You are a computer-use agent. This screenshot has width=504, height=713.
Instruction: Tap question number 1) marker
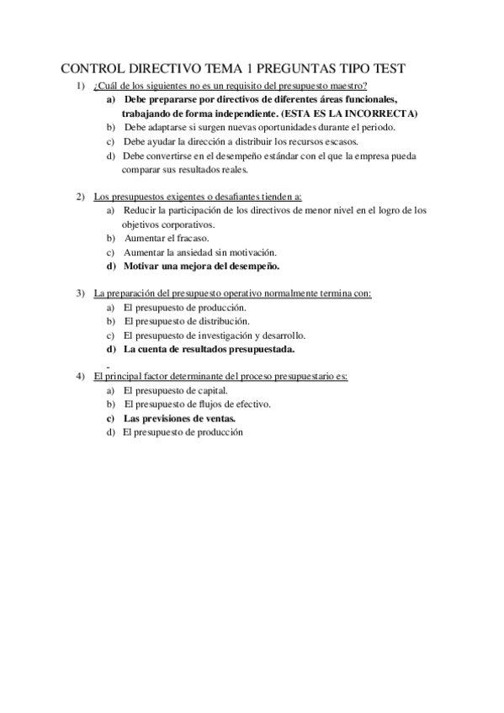pyautogui.click(x=80, y=87)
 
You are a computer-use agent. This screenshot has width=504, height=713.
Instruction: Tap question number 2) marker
pyautogui.click(x=80, y=197)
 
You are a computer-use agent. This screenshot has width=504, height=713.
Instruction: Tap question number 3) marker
pyautogui.click(x=80, y=293)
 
